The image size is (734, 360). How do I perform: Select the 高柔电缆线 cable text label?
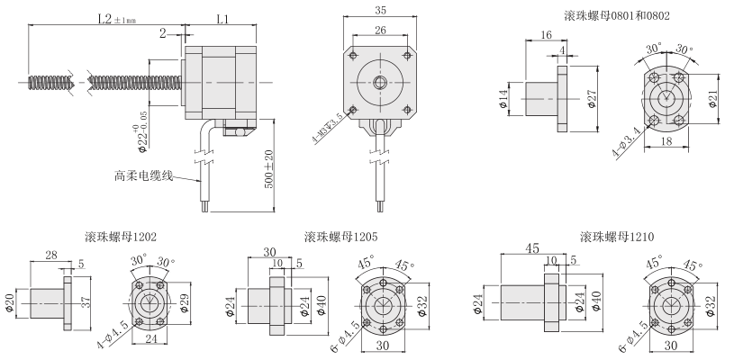(x=142, y=175)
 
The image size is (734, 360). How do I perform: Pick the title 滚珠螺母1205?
(x=340, y=238)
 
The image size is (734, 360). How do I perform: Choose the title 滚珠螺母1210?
(x=617, y=238)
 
